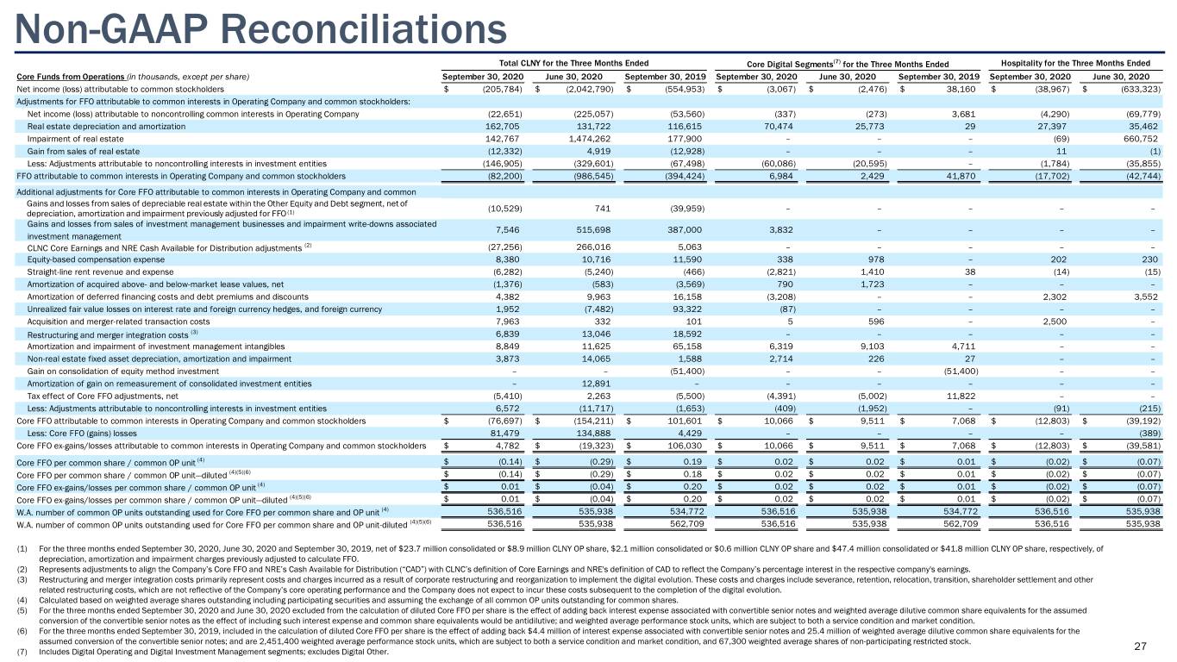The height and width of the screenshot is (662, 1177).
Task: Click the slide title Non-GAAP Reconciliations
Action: click(261, 29)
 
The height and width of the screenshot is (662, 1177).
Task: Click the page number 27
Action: click(1140, 646)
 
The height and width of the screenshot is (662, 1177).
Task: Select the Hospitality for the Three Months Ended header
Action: click(1075, 64)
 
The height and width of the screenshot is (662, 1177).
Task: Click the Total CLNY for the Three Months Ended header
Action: click(573, 64)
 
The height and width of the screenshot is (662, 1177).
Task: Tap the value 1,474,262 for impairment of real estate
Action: click(592, 139)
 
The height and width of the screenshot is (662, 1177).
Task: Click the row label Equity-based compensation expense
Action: click(96, 259)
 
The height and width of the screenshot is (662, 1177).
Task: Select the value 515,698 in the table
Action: click(594, 230)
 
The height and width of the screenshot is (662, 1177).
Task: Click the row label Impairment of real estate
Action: click(75, 139)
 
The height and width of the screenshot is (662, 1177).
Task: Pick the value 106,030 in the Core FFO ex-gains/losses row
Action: click(683, 446)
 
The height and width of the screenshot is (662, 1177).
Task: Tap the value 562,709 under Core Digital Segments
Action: click(960, 524)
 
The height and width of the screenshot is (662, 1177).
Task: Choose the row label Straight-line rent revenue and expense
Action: click(100, 272)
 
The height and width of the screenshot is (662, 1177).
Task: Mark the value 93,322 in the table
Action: click(687, 309)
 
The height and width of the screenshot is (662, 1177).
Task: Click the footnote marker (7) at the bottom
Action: click(22, 652)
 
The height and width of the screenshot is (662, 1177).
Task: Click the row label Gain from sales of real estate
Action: click(84, 152)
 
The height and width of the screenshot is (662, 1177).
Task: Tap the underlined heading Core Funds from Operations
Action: click(71, 77)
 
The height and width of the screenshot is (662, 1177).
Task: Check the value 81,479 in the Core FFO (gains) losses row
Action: click(504, 434)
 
